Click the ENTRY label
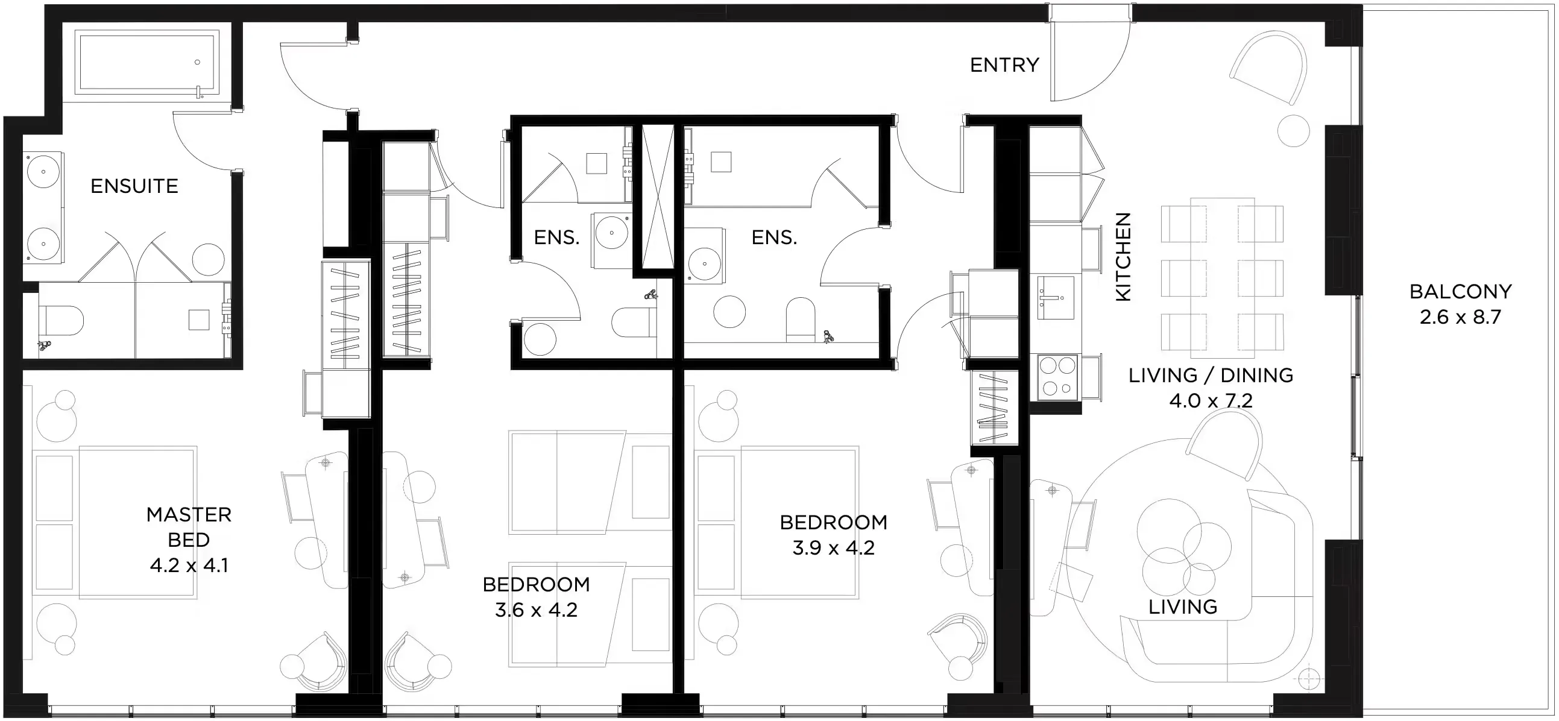[x=1004, y=65]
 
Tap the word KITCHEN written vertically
[x=1123, y=257]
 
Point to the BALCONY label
[x=1460, y=292]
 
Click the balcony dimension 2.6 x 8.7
[x=1460, y=317]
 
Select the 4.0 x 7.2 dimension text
[x=1211, y=401]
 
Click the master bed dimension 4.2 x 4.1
[x=189, y=565]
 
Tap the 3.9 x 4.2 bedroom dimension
[x=833, y=548]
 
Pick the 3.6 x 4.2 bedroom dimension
[x=536, y=610]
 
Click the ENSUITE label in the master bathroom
[x=134, y=186]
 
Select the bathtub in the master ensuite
[x=146, y=62]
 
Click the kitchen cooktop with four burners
[x=1057, y=377]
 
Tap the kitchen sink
[x=1056, y=298]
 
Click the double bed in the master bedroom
[x=115, y=523]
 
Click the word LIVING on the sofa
[x=1183, y=607]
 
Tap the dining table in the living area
[x=1222, y=278]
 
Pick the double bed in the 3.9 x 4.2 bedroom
[x=777, y=523]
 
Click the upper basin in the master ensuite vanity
[x=43, y=172]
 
